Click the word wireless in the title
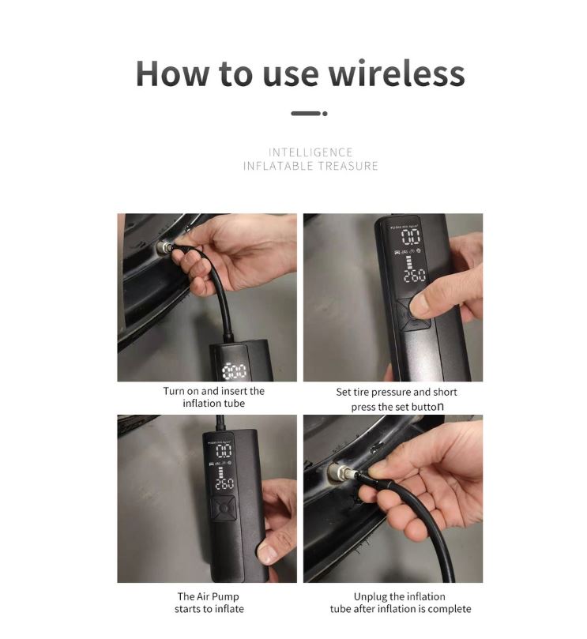click(396, 73)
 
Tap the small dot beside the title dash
click(325, 114)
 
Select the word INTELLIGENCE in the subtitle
click(310, 152)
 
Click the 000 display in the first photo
click(235, 370)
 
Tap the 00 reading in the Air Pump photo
click(224, 451)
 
